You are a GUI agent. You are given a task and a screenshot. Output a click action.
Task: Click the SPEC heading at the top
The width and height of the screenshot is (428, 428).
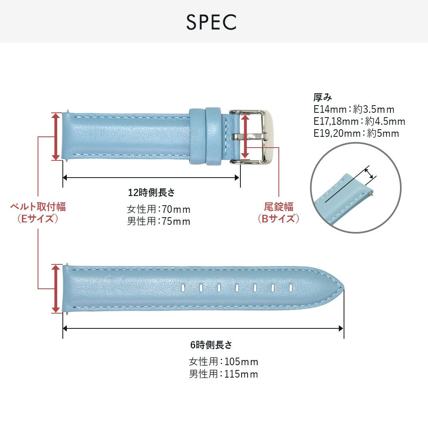(x=211, y=22)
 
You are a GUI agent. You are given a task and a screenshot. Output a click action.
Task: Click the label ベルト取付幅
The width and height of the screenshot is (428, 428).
(x=38, y=207)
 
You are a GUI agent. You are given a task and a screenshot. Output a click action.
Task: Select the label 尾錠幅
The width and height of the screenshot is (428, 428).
(x=278, y=207)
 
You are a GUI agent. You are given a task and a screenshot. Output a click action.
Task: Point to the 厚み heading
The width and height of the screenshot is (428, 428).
(x=322, y=97)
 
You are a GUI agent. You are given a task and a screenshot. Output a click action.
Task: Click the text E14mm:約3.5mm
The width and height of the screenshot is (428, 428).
(x=354, y=109)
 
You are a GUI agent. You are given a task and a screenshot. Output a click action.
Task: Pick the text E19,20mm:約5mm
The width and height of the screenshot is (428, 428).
(x=356, y=133)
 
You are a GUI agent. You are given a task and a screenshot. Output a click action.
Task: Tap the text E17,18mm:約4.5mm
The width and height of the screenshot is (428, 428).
(x=359, y=121)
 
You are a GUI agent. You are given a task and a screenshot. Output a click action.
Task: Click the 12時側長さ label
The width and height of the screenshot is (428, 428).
(x=152, y=192)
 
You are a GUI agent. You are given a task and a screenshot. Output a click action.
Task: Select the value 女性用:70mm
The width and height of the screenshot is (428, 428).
(x=158, y=209)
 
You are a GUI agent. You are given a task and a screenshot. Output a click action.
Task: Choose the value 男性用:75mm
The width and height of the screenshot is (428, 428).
(x=158, y=221)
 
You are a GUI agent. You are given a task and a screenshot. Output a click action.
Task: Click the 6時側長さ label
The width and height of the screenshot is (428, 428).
(x=211, y=345)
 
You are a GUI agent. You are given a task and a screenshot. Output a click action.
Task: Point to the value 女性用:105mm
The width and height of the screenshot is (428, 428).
(x=223, y=362)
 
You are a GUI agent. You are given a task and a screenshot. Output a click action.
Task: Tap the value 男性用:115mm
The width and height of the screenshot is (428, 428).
(x=223, y=374)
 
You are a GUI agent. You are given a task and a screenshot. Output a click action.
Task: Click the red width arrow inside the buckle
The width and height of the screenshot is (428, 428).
(x=246, y=137)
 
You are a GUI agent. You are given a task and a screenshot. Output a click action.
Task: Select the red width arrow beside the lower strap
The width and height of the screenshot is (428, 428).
(x=56, y=288)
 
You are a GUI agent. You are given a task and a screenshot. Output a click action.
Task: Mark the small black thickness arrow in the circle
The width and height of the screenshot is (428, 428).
(x=370, y=173)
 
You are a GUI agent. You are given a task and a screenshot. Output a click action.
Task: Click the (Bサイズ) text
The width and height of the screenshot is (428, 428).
(x=278, y=219)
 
